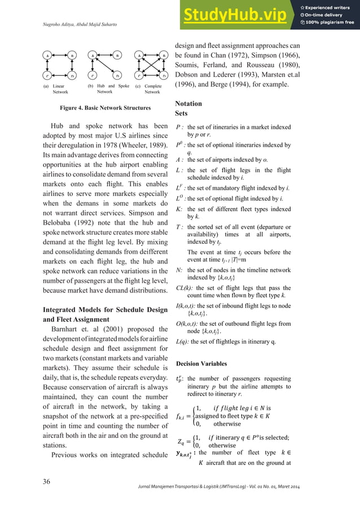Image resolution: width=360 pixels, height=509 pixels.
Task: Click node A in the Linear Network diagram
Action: pyautogui.click(x=48, y=55)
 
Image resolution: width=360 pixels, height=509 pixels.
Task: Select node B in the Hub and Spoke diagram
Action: pyautogui.click(x=117, y=55)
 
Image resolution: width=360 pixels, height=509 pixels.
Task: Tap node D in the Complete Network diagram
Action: pyautogui.click(x=164, y=74)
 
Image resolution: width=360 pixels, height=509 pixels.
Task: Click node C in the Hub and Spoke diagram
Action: pyautogui.click(x=93, y=74)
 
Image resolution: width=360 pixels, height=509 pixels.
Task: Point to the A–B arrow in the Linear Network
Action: pyautogui.click(x=60, y=55)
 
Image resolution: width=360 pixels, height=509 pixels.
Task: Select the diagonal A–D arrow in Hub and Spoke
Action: pyautogui.click(x=105, y=65)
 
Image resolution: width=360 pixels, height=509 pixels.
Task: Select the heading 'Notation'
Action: pyautogui.click(x=188, y=104)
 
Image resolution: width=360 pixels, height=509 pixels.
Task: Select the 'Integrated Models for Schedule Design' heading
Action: pyautogui.click(x=105, y=309)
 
